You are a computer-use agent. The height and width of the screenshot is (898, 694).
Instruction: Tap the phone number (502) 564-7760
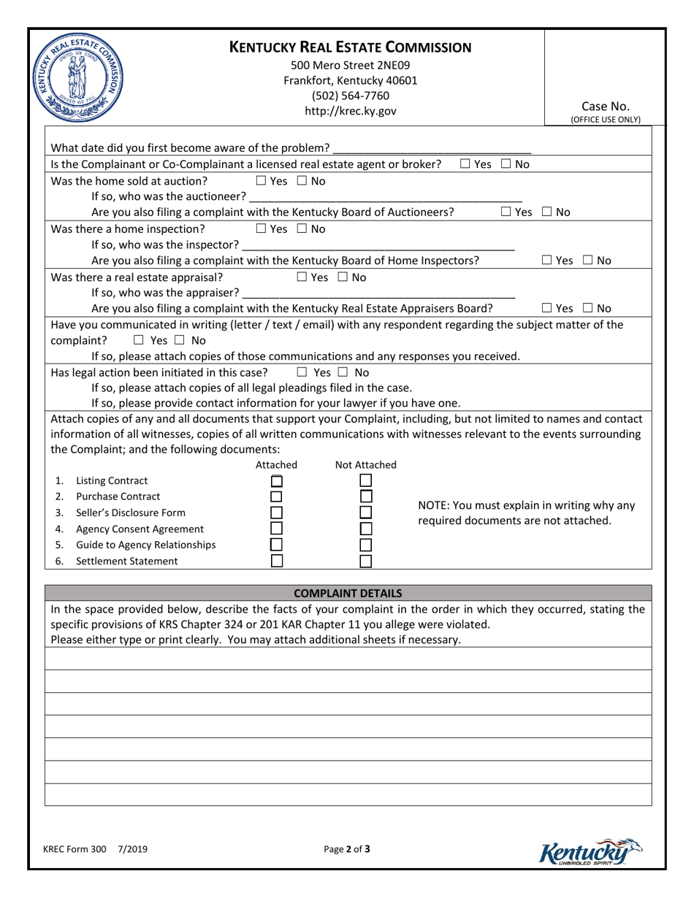(x=351, y=96)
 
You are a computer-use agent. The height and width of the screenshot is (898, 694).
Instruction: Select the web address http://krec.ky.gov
(x=351, y=111)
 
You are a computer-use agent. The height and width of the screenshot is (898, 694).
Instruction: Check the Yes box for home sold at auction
(x=261, y=180)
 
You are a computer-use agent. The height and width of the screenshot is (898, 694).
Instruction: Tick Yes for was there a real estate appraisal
(x=302, y=277)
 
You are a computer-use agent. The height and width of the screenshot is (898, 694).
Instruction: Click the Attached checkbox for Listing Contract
(x=277, y=481)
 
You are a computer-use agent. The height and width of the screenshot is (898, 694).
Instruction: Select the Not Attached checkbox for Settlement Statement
(x=366, y=561)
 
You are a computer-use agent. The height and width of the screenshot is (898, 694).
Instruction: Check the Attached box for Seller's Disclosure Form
(x=277, y=513)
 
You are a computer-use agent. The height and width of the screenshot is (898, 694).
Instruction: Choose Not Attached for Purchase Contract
(x=366, y=496)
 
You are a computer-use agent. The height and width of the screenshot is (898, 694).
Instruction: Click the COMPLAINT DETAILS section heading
(x=348, y=593)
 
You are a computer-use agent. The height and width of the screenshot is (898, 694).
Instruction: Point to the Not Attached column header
(x=365, y=464)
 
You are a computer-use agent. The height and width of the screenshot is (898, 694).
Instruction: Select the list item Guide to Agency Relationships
(x=145, y=545)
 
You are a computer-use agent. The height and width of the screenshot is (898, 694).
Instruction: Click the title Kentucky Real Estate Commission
(x=351, y=48)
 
